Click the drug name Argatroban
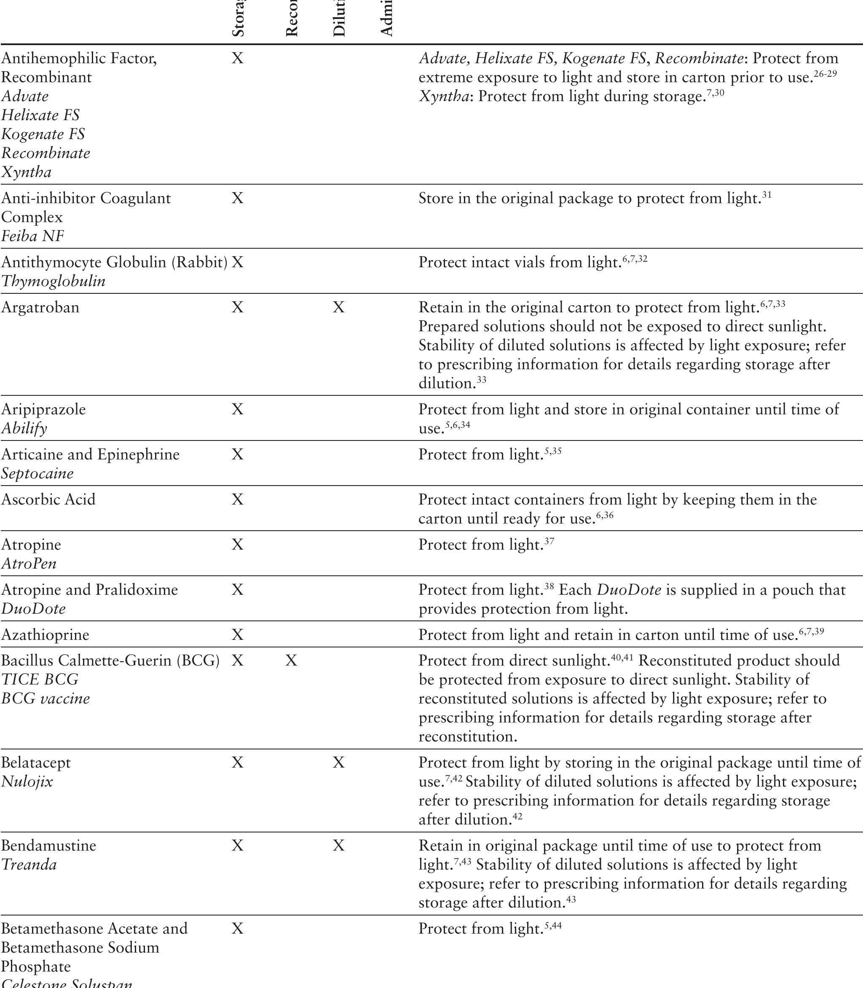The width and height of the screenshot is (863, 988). click(x=40, y=307)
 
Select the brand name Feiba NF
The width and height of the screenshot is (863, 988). click(x=32, y=236)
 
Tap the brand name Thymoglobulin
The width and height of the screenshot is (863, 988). click(x=53, y=281)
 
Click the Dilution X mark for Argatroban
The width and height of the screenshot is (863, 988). click(x=338, y=307)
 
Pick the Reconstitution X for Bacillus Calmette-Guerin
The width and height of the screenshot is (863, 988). click(x=291, y=660)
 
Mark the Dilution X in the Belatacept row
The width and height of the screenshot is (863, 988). click(x=338, y=762)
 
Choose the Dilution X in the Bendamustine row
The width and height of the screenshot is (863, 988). click(x=338, y=846)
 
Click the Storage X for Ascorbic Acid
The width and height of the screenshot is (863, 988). click(x=237, y=499)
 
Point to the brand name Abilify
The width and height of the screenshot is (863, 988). click(x=24, y=428)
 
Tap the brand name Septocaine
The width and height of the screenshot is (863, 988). click(x=37, y=473)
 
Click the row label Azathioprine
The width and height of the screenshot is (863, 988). click(x=45, y=635)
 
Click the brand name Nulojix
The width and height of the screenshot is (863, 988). click(x=27, y=781)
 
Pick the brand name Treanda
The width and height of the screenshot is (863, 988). click(x=29, y=864)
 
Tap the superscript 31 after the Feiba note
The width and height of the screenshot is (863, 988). click(x=767, y=195)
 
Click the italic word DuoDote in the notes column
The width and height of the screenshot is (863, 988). click(x=629, y=590)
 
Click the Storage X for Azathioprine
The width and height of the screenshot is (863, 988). click(x=237, y=635)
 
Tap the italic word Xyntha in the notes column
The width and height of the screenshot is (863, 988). click(x=443, y=97)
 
